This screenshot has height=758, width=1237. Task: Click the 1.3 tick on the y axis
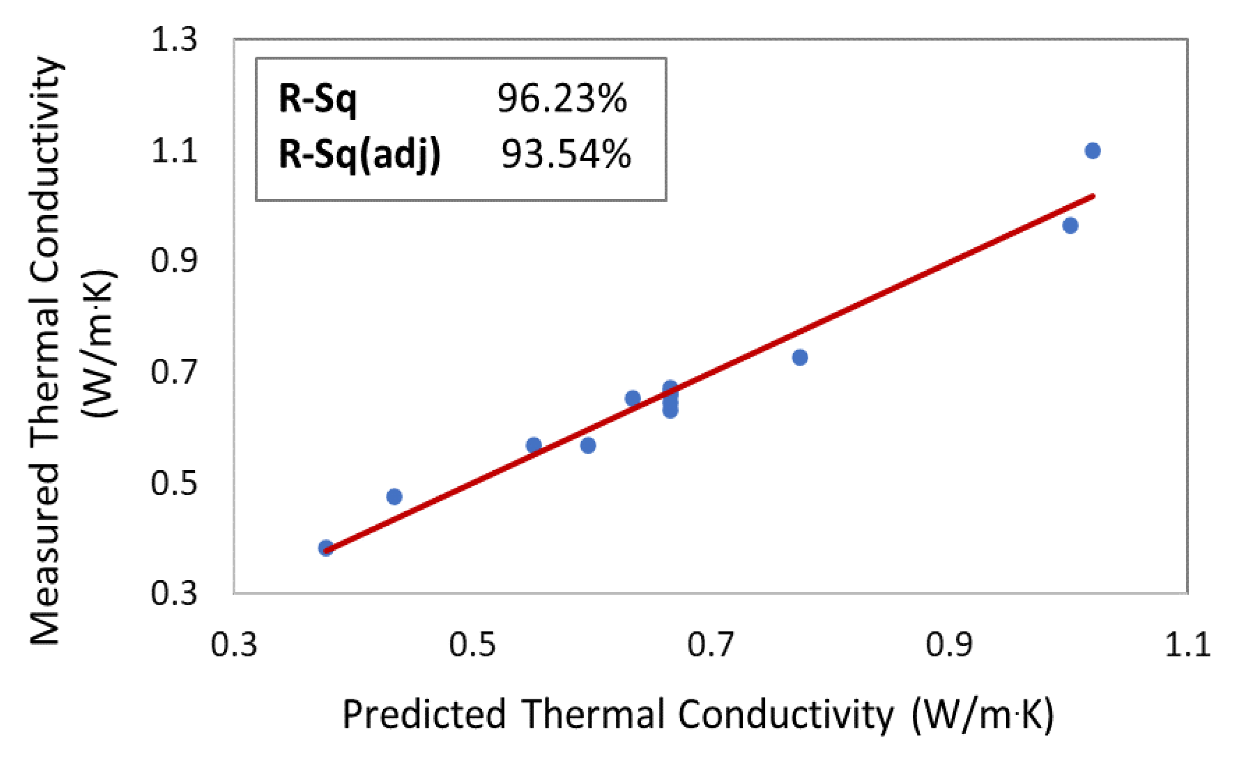point(174,39)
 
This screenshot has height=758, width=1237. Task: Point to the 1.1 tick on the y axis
point(174,150)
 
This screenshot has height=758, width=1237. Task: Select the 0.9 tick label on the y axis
point(174,261)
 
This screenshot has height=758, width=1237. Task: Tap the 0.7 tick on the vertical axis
point(174,372)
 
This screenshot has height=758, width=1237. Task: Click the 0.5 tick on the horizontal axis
point(472,645)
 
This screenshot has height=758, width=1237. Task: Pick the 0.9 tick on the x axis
point(949,645)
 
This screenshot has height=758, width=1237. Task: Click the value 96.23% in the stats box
point(562,99)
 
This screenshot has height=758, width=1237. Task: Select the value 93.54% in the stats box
point(566,154)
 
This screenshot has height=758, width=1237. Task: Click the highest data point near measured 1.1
point(1092,151)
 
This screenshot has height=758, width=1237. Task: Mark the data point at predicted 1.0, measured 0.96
point(1070,225)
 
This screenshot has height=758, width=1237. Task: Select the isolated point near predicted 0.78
point(800,357)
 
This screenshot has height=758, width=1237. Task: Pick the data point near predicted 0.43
point(394,497)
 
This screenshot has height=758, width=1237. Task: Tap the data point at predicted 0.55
point(534,445)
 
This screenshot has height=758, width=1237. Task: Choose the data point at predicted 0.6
point(588,445)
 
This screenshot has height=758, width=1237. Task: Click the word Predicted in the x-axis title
point(423,715)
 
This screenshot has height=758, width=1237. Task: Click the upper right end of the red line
point(1092,196)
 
